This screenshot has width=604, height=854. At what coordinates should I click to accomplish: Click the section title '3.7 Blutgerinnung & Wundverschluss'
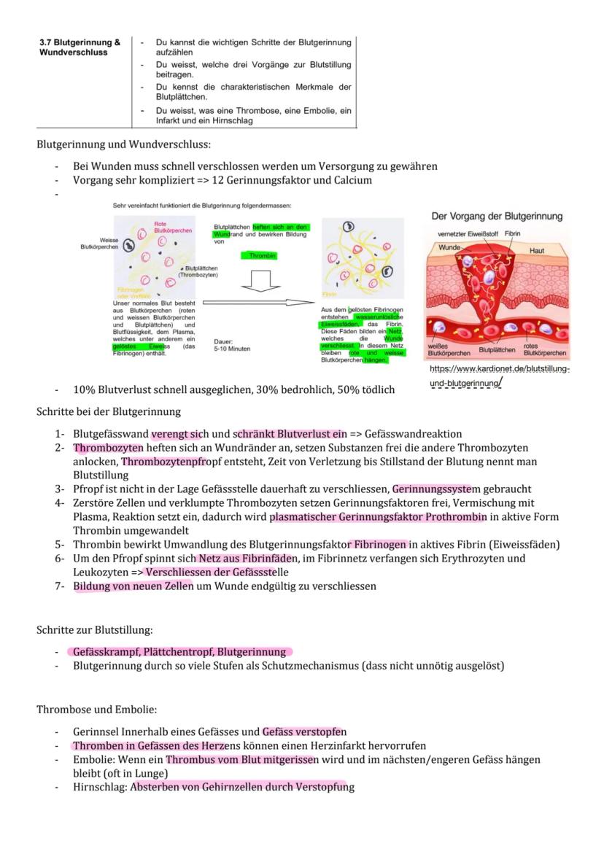pyautogui.click(x=80, y=47)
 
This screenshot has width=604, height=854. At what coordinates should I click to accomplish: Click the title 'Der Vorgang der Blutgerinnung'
pyautogui.click(x=497, y=217)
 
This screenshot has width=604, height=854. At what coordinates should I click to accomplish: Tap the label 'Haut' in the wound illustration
pyautogui.click(x=536, y=251)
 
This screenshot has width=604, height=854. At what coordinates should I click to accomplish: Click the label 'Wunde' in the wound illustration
pyautogui.click(x=449, y=249)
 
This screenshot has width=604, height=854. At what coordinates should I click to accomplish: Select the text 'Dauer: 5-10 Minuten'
pyautogui.click(x=231, y=345)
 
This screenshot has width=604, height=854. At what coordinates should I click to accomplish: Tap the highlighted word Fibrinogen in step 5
pyautogui.click(x=379, y=544)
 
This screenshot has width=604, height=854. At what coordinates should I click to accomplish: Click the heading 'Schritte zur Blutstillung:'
pyautogui.click(x=95, y=629)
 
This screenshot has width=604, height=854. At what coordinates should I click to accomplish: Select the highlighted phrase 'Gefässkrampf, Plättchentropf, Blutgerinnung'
pyautogui.click(x=179, y=651)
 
